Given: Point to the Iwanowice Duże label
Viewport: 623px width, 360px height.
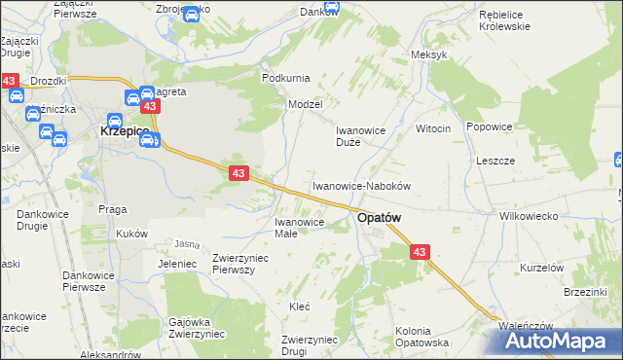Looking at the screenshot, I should point(361,135).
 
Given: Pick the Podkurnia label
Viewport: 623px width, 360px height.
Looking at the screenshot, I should point(286,77).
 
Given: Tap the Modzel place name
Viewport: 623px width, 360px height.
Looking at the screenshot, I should point(305,103).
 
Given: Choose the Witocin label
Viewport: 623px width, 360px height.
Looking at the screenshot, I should point(433,128).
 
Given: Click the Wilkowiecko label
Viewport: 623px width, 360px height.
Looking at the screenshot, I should point(526,216).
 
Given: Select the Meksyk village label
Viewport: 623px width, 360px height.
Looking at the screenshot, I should point(429,54).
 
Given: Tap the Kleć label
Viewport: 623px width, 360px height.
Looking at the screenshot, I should point(299,306).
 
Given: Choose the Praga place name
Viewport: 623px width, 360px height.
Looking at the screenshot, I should point(113,208).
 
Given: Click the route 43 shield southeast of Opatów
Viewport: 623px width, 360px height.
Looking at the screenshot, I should point(420,252).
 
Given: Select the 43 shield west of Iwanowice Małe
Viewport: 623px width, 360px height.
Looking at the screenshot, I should point(238,172).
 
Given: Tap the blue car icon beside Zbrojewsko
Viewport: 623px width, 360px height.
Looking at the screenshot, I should point(193,14).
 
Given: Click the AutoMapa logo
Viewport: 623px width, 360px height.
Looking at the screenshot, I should point(559,340).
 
